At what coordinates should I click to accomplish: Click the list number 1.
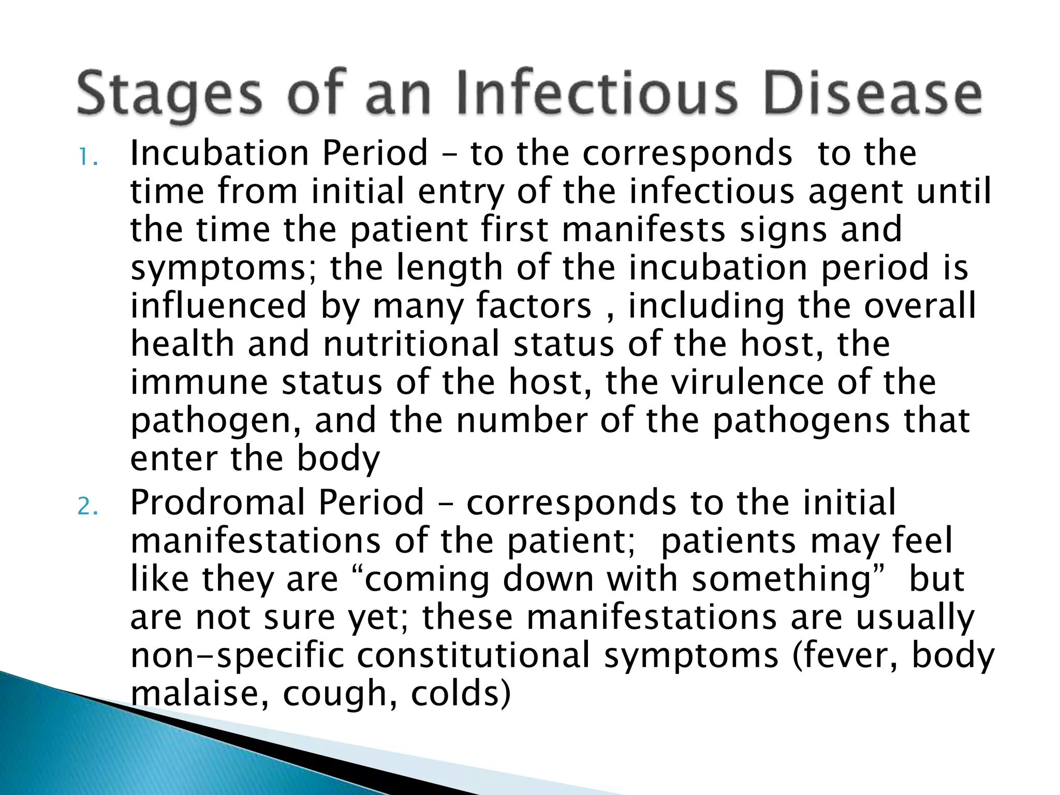pyautogui.click(x=87, y=158)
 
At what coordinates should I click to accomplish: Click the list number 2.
pyautogui.click(x=87, y=507)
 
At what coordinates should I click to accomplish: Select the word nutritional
pyautogui.click(x=411, y=344)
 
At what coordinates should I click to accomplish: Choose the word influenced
pyautogui.click(x=218, y=305)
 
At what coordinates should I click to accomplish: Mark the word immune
pyautogui.click(x=199, y=382)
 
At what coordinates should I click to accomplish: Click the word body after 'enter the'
pyautogui.click(x=338, y=459)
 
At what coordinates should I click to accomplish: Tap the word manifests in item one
pyautogui.click(x=644, y=230)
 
